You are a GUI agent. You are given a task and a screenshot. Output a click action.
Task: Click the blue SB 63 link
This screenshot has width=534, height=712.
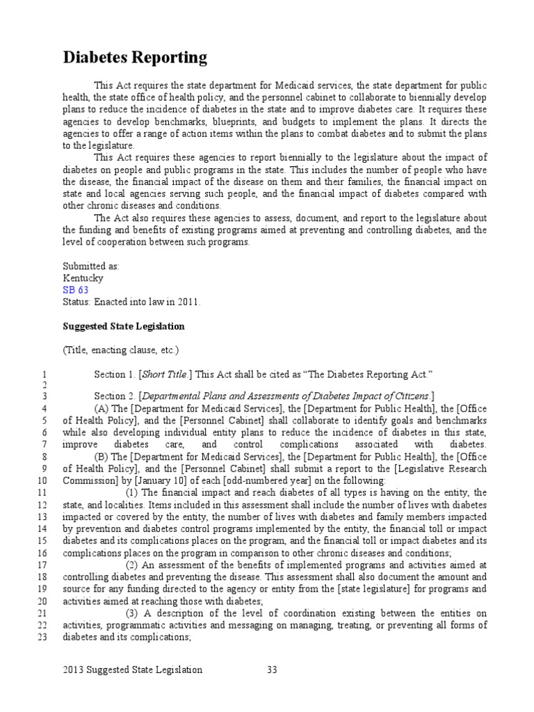click(75, 289)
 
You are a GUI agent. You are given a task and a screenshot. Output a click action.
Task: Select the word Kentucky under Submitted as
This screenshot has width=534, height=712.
click(83, 277)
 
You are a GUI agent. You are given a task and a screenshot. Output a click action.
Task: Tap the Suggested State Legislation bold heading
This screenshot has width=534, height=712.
click(124, 325)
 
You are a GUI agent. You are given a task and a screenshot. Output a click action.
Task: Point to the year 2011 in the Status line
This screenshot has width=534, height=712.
click(187, 301)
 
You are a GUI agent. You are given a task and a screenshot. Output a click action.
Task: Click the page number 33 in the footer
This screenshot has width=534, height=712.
click(273, 670)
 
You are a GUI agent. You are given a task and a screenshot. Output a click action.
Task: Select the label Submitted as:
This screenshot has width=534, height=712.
click(91, 266)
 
